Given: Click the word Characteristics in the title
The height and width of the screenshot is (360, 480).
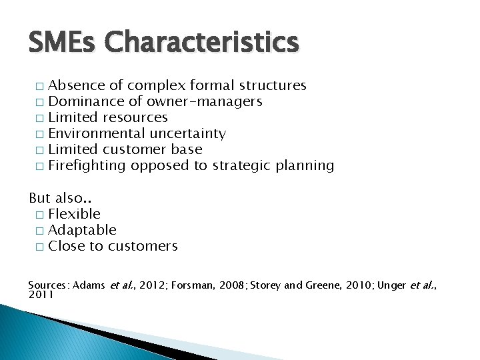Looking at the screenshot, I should click(x=202, y=43).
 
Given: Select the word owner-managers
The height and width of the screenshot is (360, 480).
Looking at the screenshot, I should click(x=205, y=101).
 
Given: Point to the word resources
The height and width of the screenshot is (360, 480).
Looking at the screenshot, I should click(x=135, y=117).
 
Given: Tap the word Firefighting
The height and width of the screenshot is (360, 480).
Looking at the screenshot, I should click(x=87, y=165).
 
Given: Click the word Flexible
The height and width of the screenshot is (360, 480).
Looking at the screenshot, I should click(x=75, y=214).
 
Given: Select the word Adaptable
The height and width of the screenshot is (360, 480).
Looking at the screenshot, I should click(x=83, y=230).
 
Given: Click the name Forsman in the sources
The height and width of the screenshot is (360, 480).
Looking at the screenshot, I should click(x=194, y=285).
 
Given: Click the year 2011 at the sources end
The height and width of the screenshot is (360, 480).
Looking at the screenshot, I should click(x=41, y=294).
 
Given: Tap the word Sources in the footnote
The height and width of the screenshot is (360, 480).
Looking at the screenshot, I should click(x=48, y=285).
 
